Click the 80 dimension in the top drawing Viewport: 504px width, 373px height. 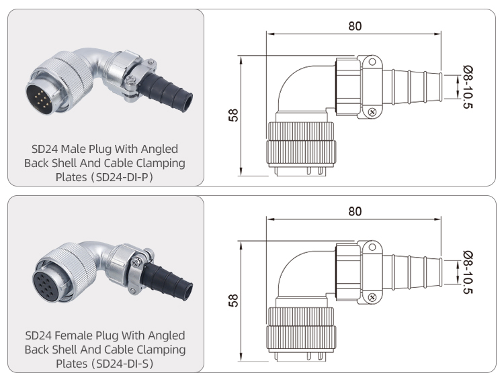[x=355, y=26]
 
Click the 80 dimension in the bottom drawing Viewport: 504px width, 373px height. [x=355, y=211]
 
